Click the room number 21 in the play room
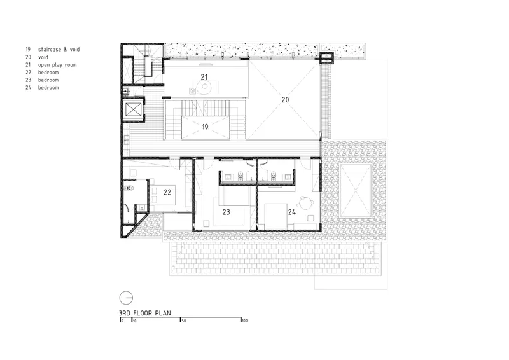coord(204,77)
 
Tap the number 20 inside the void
coord(285,100)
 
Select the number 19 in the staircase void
coord(205,127)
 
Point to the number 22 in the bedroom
coord(167,192)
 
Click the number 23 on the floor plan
coord(227,212)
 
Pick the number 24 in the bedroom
coord(292,212)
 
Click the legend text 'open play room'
coord(57,65)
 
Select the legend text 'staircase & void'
coord(59,50)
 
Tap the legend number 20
coord(28,57)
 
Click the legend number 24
coord(28,87)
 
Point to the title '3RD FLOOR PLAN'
coord(145,313)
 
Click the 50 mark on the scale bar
coord(184,321)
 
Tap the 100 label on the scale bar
coord(244,321)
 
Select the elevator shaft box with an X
coord(134,109)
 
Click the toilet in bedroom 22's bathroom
coord(129,188)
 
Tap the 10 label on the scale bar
coord(134,321)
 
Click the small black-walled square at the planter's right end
coord(326,58)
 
